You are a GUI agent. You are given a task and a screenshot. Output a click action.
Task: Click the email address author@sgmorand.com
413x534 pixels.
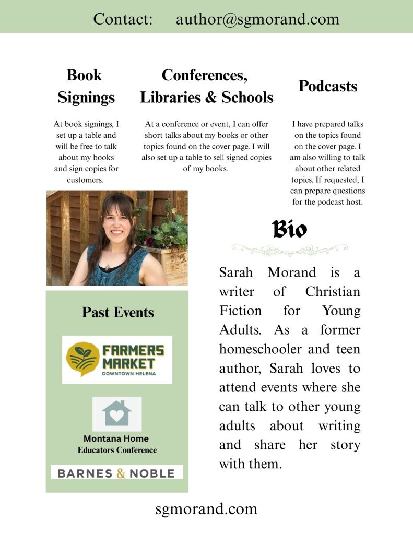point(257,19)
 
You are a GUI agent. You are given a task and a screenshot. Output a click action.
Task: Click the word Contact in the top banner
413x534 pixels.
point(123,19)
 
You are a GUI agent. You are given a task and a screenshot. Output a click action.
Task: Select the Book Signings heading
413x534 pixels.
point(86,86)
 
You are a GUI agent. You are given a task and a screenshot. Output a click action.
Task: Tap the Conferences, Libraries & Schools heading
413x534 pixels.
point(206,86)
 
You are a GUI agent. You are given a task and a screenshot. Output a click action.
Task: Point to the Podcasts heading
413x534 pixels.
point(328,86)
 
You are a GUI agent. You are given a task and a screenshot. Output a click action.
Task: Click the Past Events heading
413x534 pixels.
point(117,313)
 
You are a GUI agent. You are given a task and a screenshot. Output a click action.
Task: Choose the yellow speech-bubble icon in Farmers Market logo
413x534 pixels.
point(82,359)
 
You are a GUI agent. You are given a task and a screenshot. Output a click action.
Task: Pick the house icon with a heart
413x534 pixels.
point(117,413)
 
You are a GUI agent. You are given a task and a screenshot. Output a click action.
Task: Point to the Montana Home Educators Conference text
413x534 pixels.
point(117,444)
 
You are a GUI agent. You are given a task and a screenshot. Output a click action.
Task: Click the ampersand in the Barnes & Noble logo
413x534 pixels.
point(121,473)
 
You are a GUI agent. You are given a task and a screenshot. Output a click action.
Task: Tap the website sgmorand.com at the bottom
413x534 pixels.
point(206,508)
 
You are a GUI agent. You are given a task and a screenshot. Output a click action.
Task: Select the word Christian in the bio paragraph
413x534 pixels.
point(333,291)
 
